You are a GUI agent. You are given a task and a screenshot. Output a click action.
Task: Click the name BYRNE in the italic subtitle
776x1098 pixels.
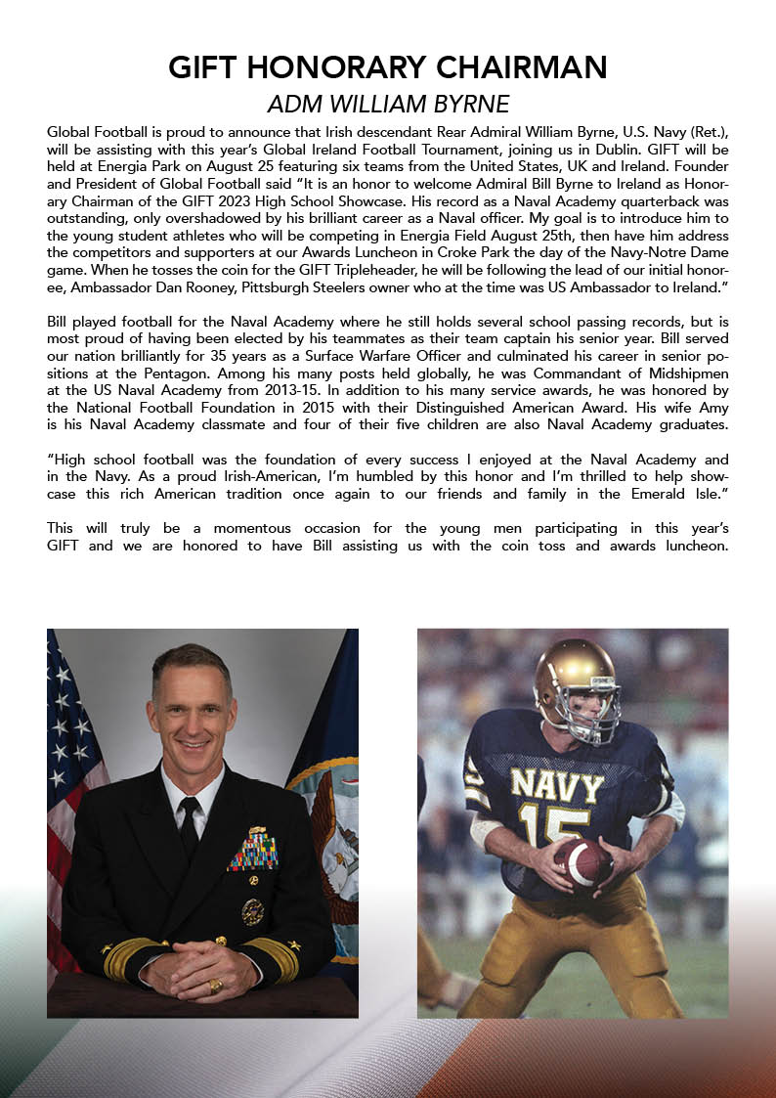coord(472,103)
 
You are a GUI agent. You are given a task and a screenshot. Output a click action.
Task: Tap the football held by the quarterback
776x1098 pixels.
coord(582,862)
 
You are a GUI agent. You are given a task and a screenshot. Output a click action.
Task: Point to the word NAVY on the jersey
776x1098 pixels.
coord(558,785)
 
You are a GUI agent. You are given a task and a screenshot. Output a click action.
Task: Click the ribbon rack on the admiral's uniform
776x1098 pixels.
coord(253,849)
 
